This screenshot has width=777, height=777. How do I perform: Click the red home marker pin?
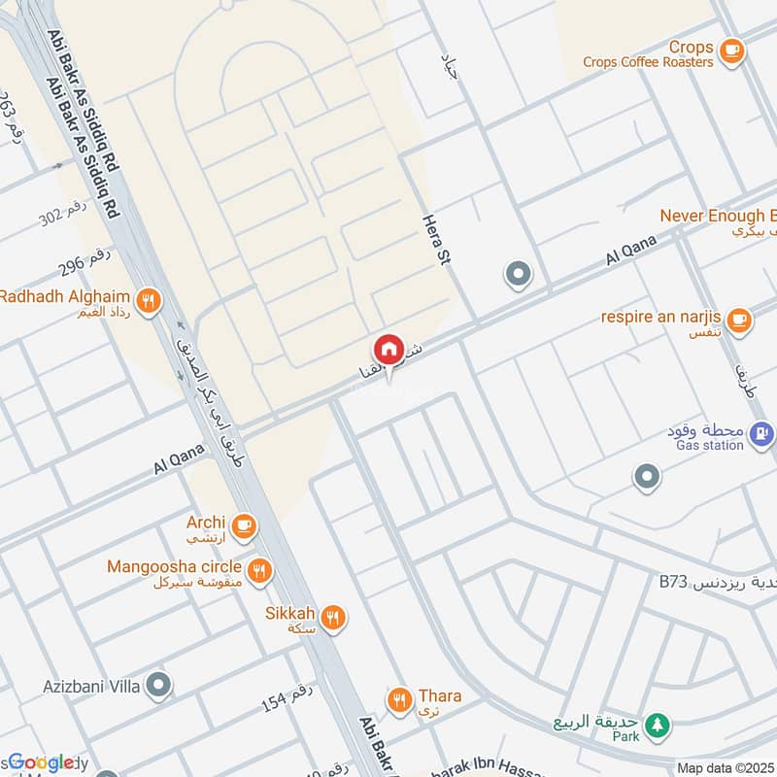click(x=388, y=349)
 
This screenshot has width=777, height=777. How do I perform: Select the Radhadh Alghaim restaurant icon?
click(x=148, y=300)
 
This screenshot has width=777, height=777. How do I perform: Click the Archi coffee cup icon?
click(x=243, y=525)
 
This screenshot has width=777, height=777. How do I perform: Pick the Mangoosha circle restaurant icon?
click(x=258, y=570)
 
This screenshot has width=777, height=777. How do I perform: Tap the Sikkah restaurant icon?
click(x=333, y=617)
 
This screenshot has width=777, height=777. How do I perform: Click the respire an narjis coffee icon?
click(x=739, y=319)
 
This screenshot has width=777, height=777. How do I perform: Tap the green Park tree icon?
click(x=659, y=724)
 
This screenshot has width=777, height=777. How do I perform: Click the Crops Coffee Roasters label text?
click(x=648, y=62)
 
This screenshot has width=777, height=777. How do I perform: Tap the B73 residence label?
click(x=672, y=583)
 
